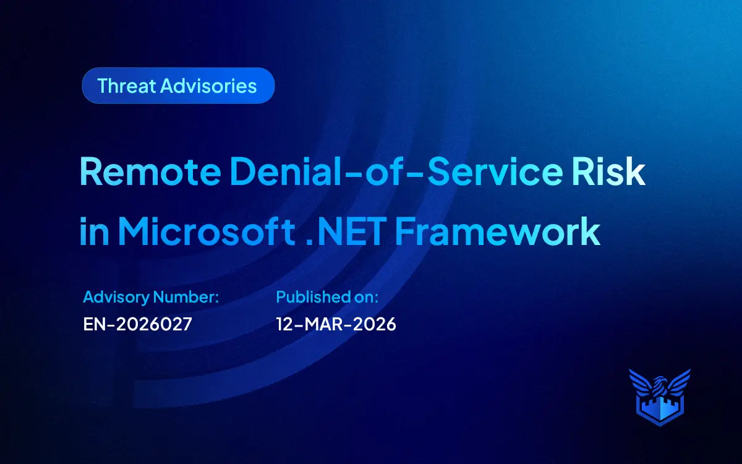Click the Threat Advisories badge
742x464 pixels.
pos(178,85)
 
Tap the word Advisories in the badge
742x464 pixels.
pos(208,85)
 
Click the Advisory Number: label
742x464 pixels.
pos(151,297)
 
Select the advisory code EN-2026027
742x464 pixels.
pos(137,324)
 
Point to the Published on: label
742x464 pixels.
pos(327,297)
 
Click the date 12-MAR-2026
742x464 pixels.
pos(336,324)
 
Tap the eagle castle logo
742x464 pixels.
pos(659,397)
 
